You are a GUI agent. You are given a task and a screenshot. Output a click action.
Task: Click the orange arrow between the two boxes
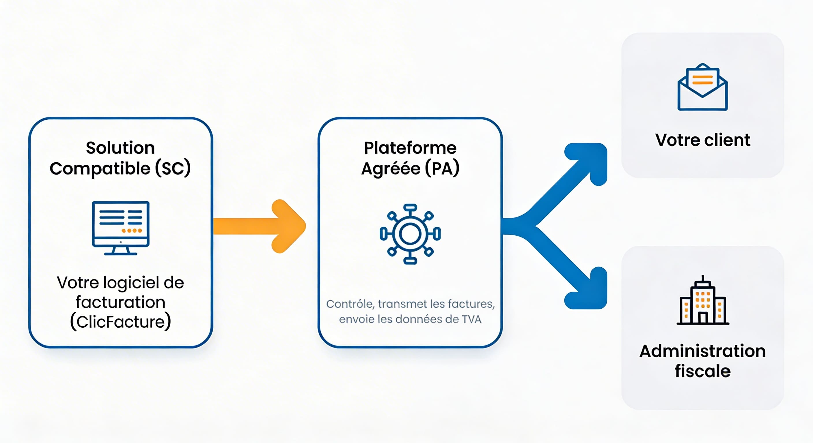(259, 226)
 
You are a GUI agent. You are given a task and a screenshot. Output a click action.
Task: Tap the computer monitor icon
(121, 228)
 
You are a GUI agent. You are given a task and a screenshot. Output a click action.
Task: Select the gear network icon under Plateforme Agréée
(410, 234)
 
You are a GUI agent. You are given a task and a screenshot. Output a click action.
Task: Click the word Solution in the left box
(120, 148)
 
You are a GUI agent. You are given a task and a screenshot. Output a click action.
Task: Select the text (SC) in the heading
(173, 168)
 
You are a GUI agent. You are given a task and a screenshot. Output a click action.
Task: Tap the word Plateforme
(410, 148)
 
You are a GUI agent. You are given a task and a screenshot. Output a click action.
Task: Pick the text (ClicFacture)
(120, 322)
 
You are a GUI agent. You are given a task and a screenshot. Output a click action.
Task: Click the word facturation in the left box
(120, 302)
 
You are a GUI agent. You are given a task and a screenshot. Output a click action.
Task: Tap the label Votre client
(702, 140)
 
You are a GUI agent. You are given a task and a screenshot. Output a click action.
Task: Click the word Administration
(702, 351)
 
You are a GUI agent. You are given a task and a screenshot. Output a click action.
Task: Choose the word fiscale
(702, 371)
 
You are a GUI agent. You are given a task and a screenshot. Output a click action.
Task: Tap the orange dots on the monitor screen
(132, 230)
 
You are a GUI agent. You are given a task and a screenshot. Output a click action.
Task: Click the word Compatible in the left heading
(100, 168)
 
